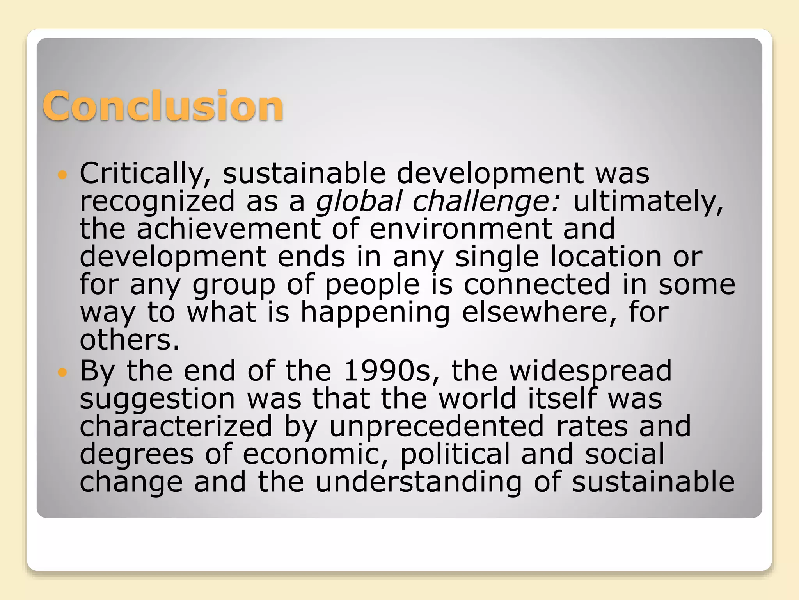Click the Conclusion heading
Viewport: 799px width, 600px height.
pos(163,105)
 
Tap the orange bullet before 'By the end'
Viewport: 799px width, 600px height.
pos(62,372)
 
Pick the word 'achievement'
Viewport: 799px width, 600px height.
pos(228,229)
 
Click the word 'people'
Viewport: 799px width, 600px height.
pos(372,284)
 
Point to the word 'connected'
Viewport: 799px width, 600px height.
pos(537,284)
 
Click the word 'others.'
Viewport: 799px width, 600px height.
pos(130,340)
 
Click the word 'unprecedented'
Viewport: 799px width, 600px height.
pos(437,426)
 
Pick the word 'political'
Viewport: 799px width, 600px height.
pos(455,454)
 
